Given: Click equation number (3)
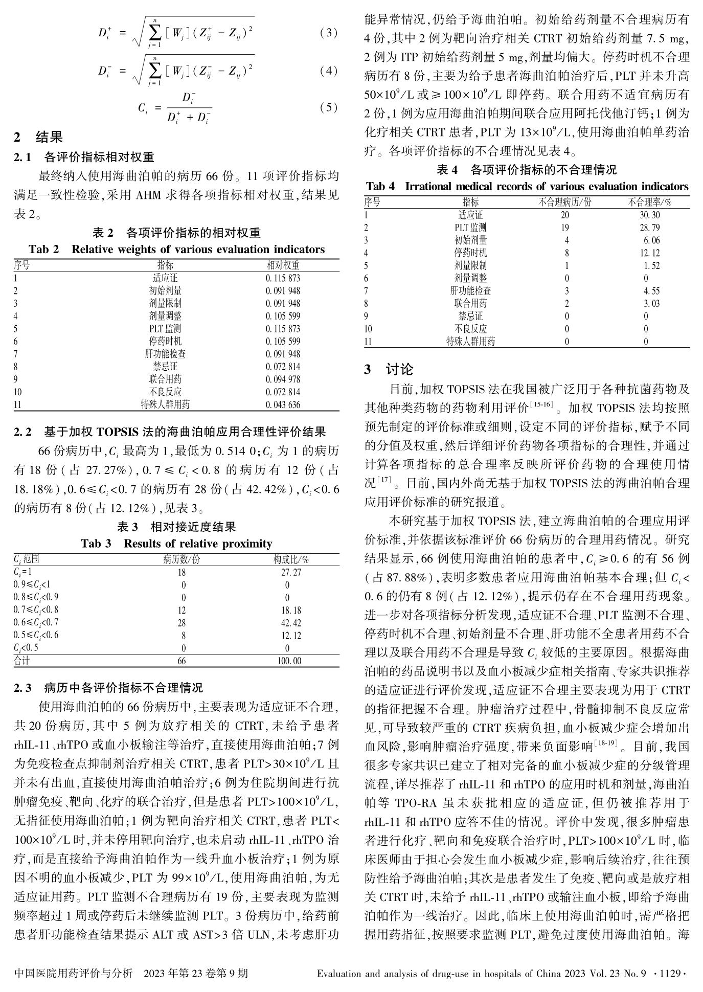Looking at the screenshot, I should point(328,33).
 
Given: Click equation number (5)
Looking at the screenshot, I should point(328,107).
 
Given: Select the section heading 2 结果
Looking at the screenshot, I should point(39,137).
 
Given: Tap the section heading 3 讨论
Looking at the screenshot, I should point(389,369).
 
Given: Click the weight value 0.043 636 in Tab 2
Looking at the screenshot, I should point(283,404).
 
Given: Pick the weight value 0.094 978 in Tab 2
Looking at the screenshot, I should point(283,379).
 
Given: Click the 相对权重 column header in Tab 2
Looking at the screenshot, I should point(283,265).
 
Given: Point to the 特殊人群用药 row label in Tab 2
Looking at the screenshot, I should point(165,404).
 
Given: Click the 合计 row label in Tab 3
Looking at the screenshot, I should point(22,661).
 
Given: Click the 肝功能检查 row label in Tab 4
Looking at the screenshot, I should point(470,291).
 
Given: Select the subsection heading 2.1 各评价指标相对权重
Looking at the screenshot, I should point(84,156).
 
